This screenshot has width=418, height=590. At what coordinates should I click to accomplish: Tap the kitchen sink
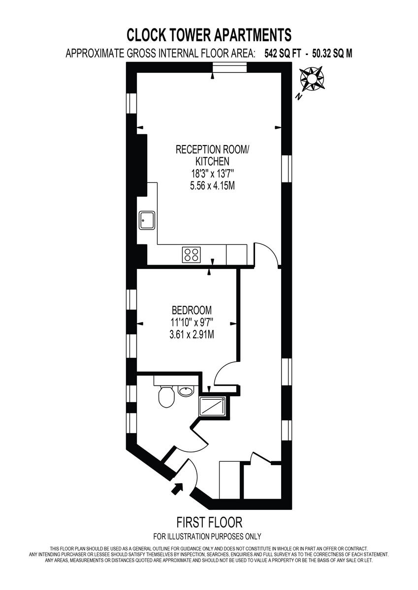tap(147, 220)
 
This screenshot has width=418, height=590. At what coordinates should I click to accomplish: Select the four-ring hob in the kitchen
tap(192, 254)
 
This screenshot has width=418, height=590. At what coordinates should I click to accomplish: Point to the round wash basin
tap(185, 392)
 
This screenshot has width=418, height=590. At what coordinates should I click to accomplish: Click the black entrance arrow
tap(176, 488)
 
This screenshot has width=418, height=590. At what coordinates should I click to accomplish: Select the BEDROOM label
tap(192, 310)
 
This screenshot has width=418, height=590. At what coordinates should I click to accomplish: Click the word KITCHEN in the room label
tap(213, 161)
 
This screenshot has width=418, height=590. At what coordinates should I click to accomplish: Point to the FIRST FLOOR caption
tap(209, 522)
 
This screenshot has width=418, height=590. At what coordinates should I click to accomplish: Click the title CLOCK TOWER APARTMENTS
tap(209, 35)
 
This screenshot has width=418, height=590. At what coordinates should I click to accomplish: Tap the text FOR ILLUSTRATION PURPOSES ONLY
tap(207, 536)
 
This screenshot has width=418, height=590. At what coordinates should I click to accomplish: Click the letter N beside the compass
tap(298, 97)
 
